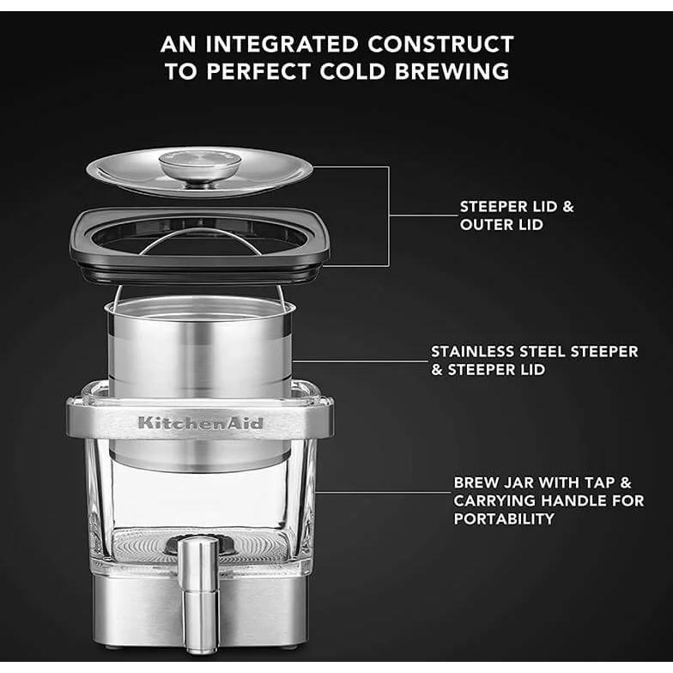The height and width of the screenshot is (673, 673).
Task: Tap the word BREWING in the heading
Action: [452, 71]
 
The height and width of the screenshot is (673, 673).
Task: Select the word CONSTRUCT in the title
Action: [440, 45]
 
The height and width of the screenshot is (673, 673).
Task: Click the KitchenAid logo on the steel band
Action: [201, 423]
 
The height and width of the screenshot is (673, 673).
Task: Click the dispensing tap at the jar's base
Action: [199, 594]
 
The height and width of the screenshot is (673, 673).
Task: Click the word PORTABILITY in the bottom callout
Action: [504, 518]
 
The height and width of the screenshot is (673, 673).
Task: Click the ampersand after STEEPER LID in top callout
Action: [568, 206]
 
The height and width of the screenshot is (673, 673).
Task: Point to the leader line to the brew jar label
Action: [383, 493]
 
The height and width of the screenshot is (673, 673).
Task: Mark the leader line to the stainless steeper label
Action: [360, 361]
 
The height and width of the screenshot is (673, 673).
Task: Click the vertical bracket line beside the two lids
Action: [389, 216]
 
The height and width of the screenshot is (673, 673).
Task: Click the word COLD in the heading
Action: [352, 71]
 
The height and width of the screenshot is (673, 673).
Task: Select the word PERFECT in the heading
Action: [258, 71]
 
